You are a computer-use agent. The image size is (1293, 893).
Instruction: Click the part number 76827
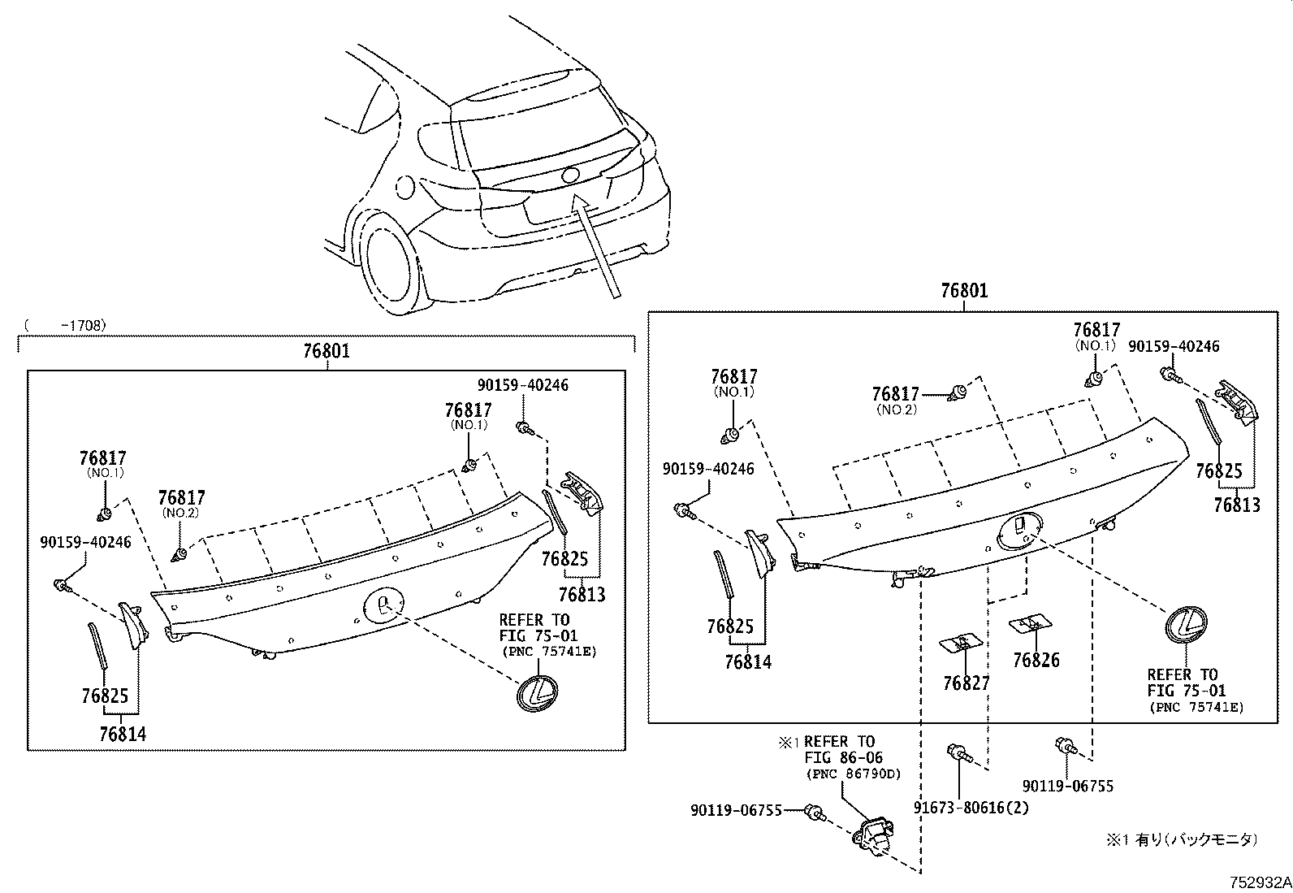(x=967, y=683)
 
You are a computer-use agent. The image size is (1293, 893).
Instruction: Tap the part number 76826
(x=1036, y=660)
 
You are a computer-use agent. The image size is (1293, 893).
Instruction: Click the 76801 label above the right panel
(x=964, y=290)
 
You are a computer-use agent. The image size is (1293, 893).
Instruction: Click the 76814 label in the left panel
(x=123, y=734)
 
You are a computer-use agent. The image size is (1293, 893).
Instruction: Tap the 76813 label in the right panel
(x=1237, y=505)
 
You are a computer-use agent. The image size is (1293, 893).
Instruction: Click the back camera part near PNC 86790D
(x=871, y=834)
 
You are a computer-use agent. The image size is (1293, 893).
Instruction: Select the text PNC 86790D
(x=853, y=774)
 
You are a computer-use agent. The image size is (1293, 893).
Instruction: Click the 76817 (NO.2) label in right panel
(x=896, y=395)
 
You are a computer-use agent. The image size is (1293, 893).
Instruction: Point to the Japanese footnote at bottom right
(x=1181, y=840)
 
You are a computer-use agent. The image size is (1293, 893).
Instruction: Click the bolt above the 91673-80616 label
(x=958, y=753)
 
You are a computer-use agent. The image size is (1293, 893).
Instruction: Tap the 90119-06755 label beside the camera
(x=736, y=810)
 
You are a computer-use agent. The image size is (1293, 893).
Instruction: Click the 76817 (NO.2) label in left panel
(x=182, y=498)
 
